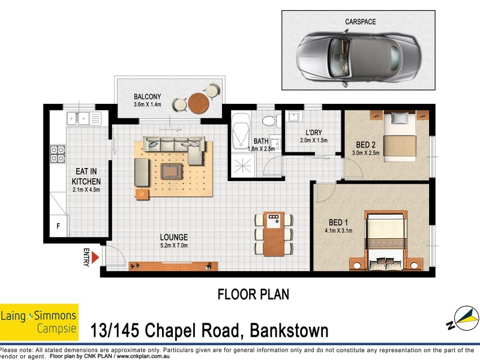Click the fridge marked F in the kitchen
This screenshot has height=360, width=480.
[x=58, y=226]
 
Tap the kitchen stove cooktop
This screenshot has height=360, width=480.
[x=58, y=154]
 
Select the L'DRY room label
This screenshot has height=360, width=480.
[x=314, y=133]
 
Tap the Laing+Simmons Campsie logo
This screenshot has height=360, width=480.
[x=39, y=322]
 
